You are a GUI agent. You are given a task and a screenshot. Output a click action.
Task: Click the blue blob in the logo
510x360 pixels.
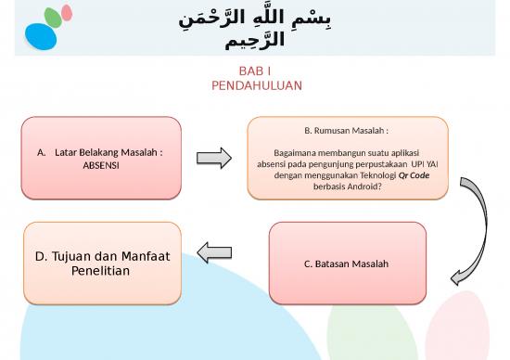pos(40,35)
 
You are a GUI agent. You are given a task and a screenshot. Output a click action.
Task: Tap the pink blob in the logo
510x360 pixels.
pos(67,14)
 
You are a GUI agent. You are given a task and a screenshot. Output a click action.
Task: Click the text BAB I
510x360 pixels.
pos(255,71)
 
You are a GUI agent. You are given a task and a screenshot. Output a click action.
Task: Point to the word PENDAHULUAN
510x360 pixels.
pos(256,85)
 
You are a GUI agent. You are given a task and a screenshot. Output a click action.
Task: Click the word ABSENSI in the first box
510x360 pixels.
pos(101,165)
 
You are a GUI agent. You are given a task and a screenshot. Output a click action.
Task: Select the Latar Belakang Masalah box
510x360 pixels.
pos(101,158)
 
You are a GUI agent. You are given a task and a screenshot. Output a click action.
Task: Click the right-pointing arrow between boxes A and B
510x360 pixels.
pos(214,159)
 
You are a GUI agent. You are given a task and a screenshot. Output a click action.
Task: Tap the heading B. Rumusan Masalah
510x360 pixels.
pos(347,131)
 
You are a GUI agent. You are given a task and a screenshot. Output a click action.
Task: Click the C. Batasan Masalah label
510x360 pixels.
pos(347,264)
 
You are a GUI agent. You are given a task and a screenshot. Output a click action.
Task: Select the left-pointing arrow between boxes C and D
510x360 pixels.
pos(214,251)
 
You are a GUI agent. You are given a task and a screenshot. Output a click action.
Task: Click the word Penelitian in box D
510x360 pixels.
pos(102,272)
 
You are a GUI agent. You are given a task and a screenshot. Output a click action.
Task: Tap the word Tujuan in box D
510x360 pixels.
pos(73,256)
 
